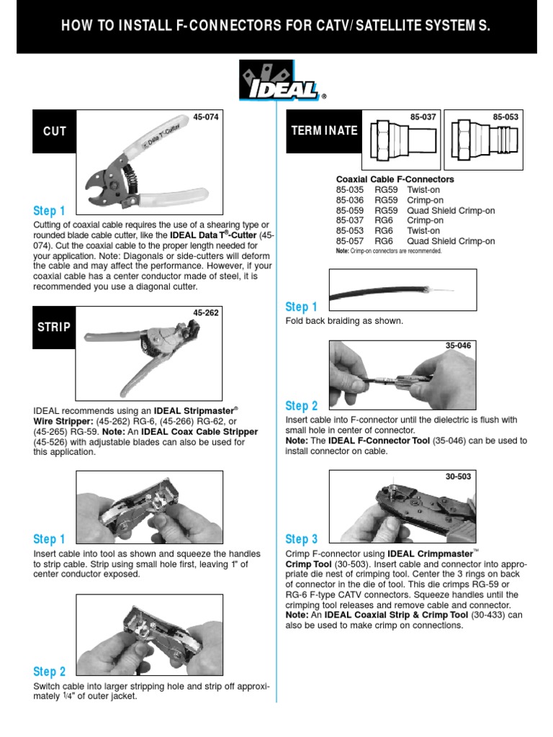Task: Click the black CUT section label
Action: click(x=54, y=131)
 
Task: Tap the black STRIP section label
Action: click(x=54, y=327)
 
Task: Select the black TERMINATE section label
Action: click(x=324, y=131)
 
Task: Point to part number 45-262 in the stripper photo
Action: click(x=206, y=313)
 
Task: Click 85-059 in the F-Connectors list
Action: click(x=350, y=211)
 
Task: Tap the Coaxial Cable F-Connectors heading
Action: click(x=395, y=179)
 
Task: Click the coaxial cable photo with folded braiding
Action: click(x=402, y=290)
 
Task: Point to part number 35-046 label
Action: click(x=458, y=346)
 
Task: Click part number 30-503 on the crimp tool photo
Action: click(x=458, y=476)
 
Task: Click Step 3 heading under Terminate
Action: click(x=302, y=539)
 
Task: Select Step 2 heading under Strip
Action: click(x=50, y=672)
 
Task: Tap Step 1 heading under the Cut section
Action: click(x=50, y=211)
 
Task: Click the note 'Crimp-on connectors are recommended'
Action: click(x=389, y=251)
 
